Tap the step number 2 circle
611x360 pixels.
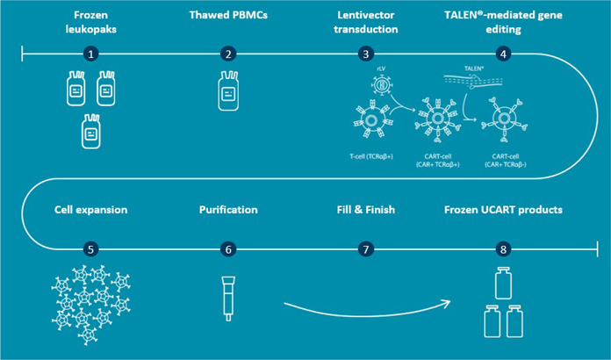228,54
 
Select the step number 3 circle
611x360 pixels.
367,54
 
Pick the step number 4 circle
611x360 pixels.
503,54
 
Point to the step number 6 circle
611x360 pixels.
228,249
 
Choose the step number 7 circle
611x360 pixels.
367,249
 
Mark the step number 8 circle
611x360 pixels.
503,249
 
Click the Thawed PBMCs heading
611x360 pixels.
228,16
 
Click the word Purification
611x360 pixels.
228,210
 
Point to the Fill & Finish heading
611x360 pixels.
367,210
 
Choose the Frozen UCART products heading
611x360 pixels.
503,210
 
